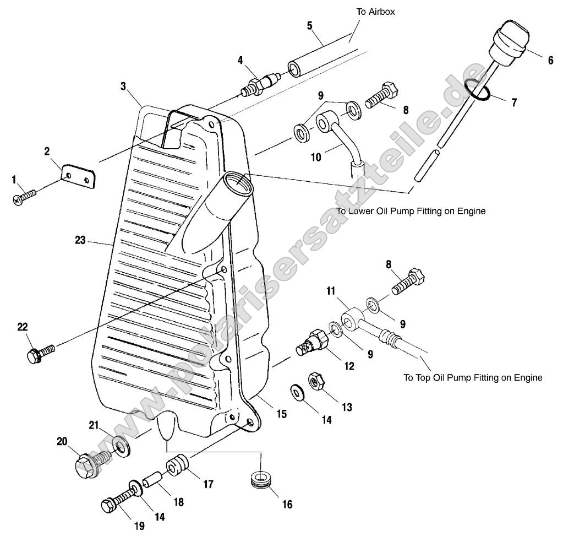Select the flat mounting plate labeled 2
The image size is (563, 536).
coord(77,175)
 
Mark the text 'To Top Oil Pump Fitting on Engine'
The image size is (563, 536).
coord(473,378)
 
